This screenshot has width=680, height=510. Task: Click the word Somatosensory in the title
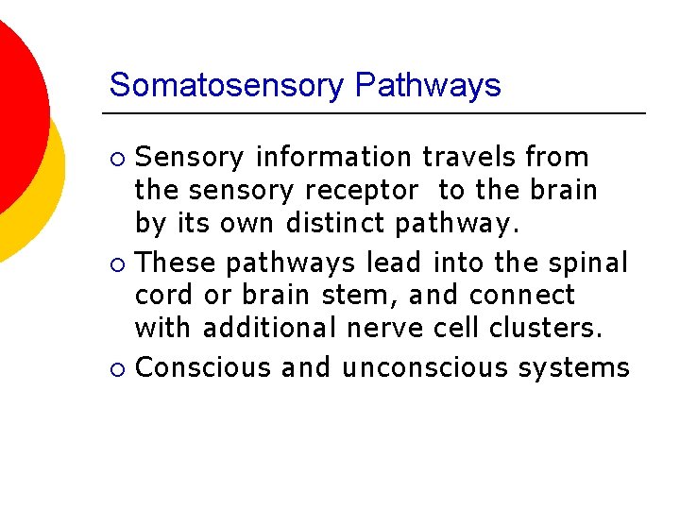point(228,86)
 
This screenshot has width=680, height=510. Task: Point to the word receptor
point(362,191)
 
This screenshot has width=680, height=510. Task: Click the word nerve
point(390,330)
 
